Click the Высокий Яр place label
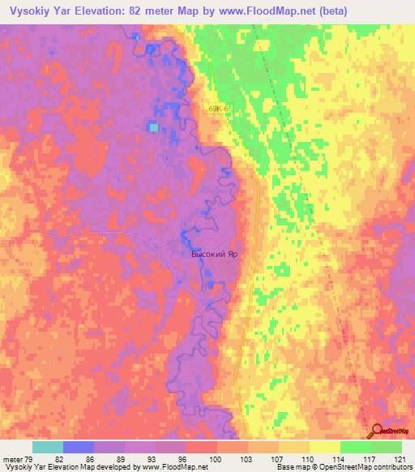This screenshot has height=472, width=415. click(x=214, y=254)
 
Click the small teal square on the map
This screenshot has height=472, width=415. click(x=153, y=127)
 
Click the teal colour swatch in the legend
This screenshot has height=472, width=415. click(x=48, y=447)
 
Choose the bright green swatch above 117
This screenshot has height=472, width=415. click(x=356, y=447)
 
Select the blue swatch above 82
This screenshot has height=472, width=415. click(x=79, y=447)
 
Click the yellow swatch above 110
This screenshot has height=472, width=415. click(x=294, y=447)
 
